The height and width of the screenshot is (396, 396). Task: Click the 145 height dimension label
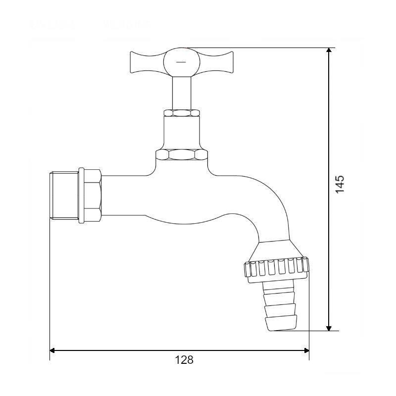pos(340,184)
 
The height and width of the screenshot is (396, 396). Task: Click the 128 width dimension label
pos(184,360)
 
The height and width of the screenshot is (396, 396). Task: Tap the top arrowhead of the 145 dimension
pos(329,50)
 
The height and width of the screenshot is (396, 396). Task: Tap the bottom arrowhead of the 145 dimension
pos(329,328)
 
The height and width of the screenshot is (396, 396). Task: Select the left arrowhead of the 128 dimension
pos(52,350)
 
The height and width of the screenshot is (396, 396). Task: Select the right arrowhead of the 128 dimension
pos(307,350)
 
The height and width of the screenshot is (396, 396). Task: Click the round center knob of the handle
pos(182,62)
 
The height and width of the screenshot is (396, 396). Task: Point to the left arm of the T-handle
pos(147,62)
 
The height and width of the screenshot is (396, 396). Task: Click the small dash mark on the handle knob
pos(181,61)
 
